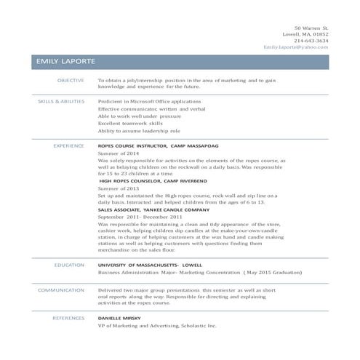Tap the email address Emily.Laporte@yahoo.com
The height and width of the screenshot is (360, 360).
[x=296, y=47]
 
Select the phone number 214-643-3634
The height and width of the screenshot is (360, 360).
[x=311, y=40]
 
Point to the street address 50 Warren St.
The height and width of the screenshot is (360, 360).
[x=311, y=27]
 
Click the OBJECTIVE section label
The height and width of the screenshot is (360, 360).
[x=71, y=80]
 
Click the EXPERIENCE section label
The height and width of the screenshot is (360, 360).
[x=69, y=145]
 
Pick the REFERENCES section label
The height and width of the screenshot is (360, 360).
[x=68, y=318]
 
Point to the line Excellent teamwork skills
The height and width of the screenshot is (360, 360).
[x=130, y=124]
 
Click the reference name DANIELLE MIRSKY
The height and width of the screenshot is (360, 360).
[x=121, y=318]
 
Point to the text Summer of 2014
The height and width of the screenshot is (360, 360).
[x=118, y=153]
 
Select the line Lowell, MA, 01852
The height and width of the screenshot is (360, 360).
[x=305, y=33]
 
